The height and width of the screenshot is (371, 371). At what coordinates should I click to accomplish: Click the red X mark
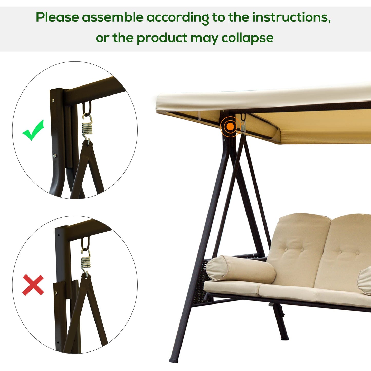click(x=33, y=285)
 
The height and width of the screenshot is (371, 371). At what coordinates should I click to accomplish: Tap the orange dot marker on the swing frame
click(x=230, y=126)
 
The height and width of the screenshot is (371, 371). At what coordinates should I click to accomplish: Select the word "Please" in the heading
click(x=57, y=17)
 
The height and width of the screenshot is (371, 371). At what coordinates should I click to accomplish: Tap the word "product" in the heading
click(x=162, y=38)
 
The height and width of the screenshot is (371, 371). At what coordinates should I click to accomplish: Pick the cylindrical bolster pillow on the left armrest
click(x=240, y=269)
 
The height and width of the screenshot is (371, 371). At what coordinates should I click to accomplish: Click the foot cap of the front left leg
click(x=174, y=360)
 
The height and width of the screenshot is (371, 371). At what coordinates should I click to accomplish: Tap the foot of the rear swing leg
click(x=284, y=338)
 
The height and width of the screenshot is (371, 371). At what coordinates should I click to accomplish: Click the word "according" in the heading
click(x=178, y=17)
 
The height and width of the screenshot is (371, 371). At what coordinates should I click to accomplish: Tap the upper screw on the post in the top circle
click(x=53, y=101)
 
